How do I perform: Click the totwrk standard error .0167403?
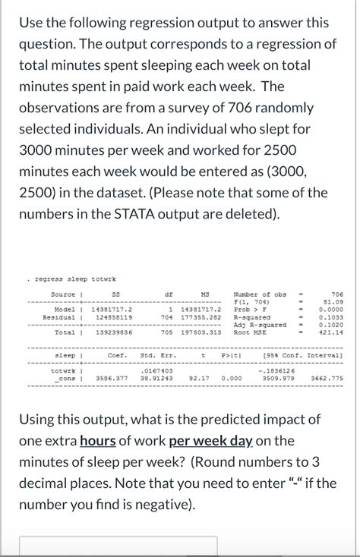(157, 370)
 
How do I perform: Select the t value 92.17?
(199, 377)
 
